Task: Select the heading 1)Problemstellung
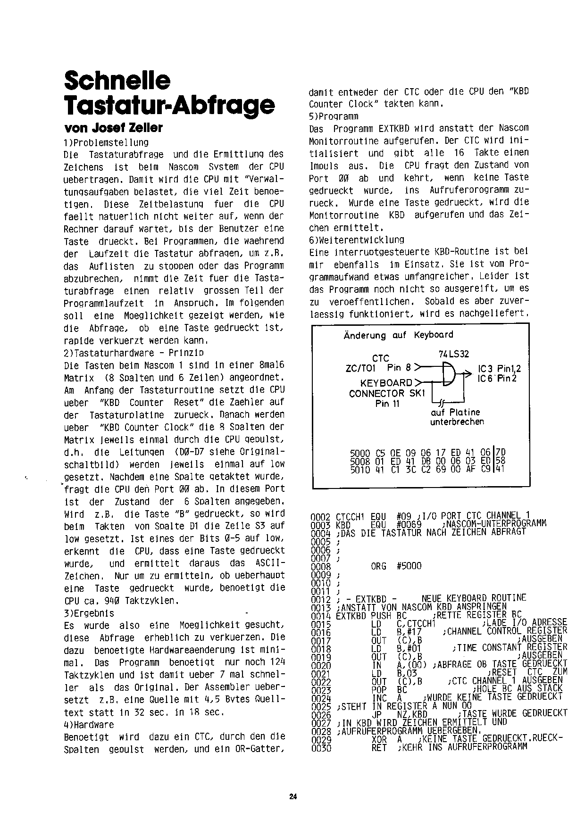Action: point(106,142)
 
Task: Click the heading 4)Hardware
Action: point(89,724)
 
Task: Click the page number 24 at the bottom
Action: point(292,797)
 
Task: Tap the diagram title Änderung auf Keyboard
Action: point(398,335)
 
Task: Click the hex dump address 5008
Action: point(360,460)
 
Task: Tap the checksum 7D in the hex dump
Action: point(500,453)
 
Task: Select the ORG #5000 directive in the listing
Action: point(396,566)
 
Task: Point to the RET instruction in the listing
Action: point(379,748)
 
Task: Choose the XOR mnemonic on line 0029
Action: point(379,740)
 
